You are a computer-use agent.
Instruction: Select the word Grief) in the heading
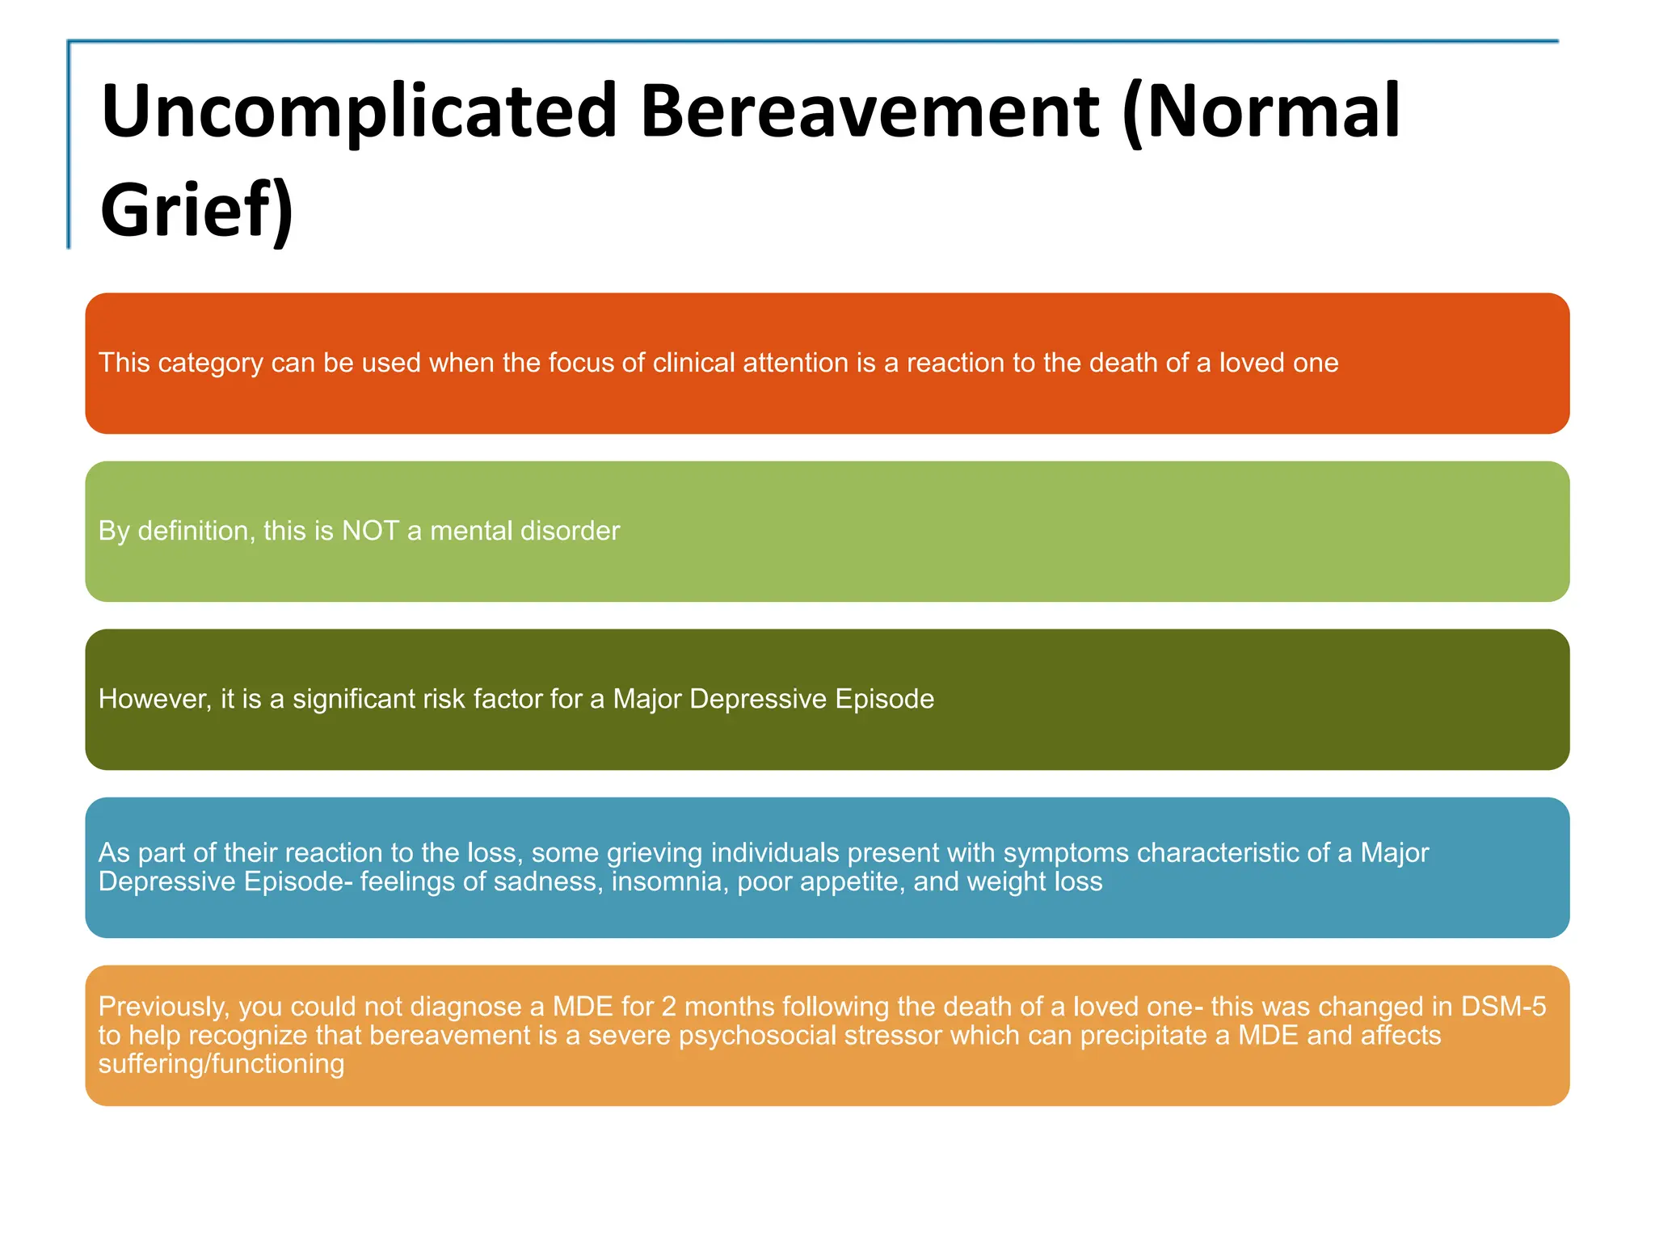point(196,210)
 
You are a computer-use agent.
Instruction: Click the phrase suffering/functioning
point(221,1064)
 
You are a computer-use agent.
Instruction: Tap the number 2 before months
point(668,1007)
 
